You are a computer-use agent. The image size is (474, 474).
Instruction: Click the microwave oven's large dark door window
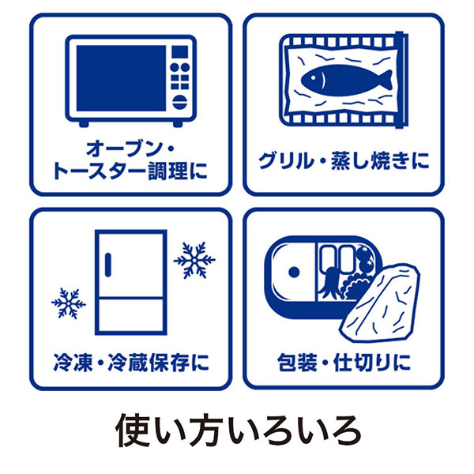[x=121, y=78]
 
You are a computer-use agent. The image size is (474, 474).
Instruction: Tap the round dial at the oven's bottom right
[x=180, y=102]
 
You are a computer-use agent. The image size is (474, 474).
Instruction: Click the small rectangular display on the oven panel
[x=180, y=51]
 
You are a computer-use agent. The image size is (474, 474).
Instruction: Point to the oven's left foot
[x=84, y=124]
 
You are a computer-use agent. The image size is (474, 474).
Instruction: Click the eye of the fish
[x=314, y=78]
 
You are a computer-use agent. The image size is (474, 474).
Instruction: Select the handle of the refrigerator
[x=108, y=265]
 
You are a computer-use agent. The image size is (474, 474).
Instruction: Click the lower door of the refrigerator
[x=131, y=315]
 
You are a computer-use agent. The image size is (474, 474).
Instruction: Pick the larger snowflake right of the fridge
[x=194, y=260]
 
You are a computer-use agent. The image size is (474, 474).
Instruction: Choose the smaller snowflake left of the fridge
[x=69, y=303]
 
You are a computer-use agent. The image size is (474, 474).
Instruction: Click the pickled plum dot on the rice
[x=294, y=272]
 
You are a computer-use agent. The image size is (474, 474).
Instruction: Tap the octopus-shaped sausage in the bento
[x=330, y=283]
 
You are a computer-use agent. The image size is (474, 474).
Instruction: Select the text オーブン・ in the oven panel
[x=130, y=149]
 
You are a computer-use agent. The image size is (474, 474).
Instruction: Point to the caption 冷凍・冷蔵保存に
[x=131, y=362]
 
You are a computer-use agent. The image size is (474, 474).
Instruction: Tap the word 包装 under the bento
[x=297, y=362]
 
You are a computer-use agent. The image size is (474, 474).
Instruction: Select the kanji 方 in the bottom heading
[x=206, y=430]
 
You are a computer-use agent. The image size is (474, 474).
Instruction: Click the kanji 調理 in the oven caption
[x=168, y=171]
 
